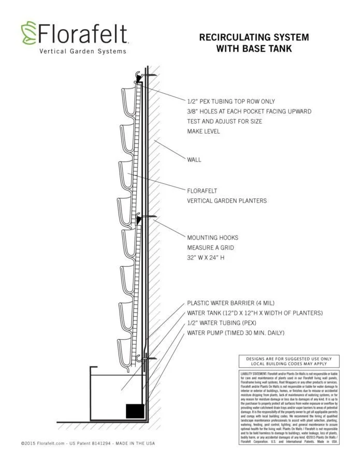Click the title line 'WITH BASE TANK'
[x=254, y=49]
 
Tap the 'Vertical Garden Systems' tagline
[x=82, y=51]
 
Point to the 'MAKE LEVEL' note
[x=204, y=131]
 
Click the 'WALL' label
[x=194, y=160]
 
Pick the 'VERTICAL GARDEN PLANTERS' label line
[x=227, y=200]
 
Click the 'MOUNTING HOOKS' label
[x=213, y=238]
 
